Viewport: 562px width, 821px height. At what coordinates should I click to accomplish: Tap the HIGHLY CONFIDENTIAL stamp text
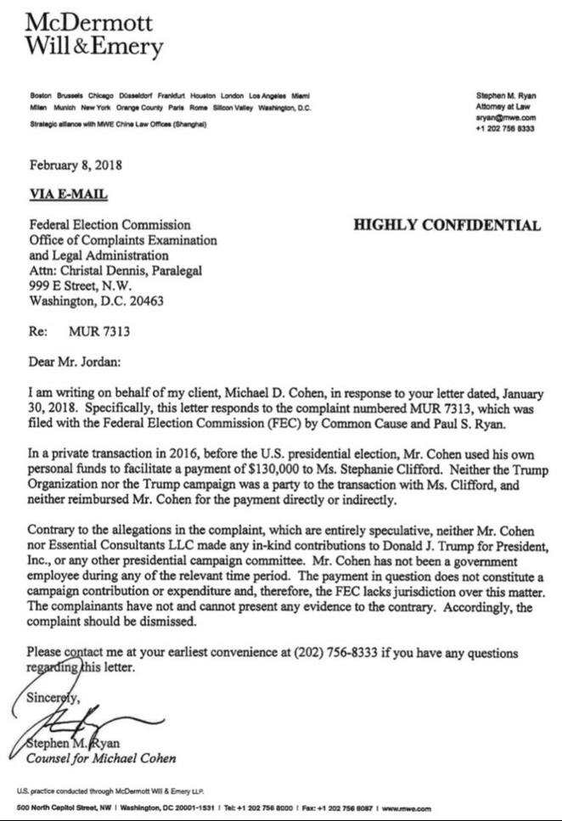[x=446, y=225]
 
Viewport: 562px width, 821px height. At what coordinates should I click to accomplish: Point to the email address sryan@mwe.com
[x=506, y=119]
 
